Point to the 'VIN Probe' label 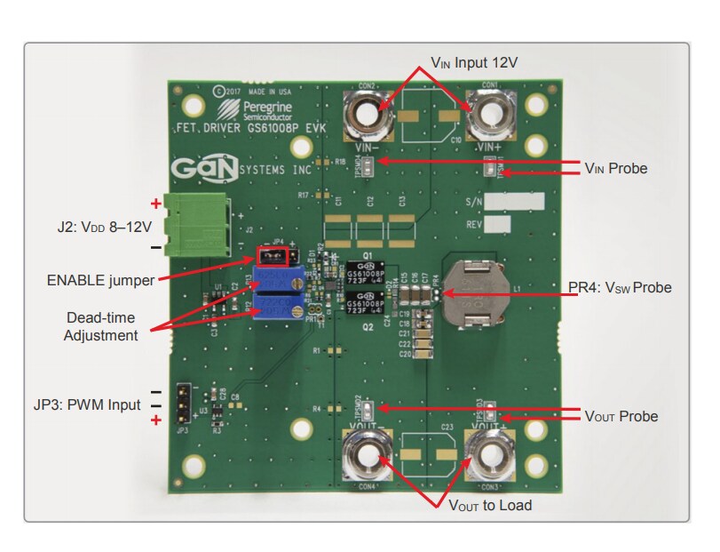(x=615, y=168)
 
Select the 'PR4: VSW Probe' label (x=620, y=288)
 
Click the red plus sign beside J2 (x=155, y=203)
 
